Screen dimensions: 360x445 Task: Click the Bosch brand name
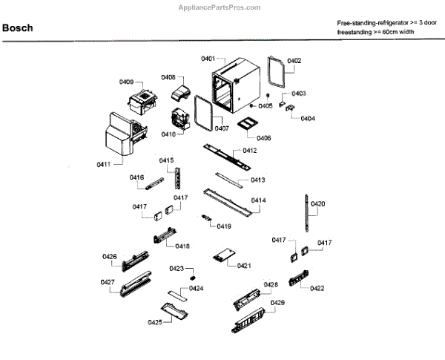(x=17, y=28)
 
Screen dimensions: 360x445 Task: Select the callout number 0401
(x=208, y=58)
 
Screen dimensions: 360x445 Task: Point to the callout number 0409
(x=127, y=82)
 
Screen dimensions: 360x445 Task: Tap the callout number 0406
(x=264, y=138)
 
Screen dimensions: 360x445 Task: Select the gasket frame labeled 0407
(x=207, y=112)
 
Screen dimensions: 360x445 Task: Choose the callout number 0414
(x=258, y=200)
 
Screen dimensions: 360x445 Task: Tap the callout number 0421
(x=244, y=265)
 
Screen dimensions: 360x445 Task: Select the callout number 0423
(x=177, y=269)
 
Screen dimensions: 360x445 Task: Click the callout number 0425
(x=154, y=322)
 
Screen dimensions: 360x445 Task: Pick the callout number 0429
(x=277, y=303)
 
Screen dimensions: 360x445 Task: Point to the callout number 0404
(x=308, y=119)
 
